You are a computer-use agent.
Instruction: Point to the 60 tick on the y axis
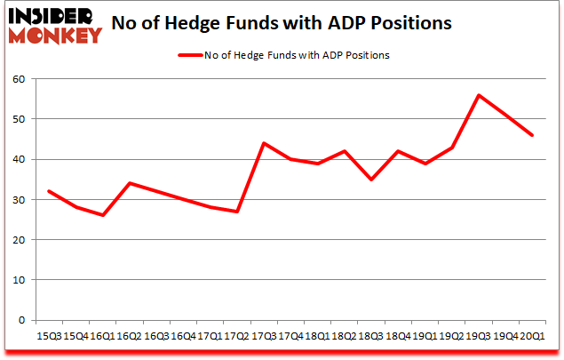19,79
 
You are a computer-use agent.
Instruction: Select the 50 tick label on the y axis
19,119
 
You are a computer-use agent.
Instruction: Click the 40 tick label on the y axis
19,159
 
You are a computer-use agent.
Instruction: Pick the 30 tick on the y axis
19,199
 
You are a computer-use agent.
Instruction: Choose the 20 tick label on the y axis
19,240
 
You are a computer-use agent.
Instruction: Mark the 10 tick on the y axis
19,280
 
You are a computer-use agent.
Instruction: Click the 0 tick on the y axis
22,320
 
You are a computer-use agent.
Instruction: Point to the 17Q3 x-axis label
264,336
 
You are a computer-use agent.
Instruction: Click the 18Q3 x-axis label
371,336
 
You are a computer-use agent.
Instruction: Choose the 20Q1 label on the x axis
534,336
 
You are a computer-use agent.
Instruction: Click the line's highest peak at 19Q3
480,95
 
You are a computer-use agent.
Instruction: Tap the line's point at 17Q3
264,143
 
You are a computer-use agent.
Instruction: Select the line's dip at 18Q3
371,180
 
